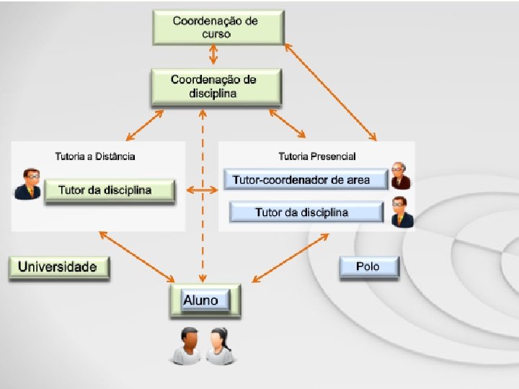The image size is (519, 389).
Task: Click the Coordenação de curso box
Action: (215, 27)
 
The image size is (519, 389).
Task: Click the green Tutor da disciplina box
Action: (110, 191)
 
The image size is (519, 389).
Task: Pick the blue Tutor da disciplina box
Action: (306, 212)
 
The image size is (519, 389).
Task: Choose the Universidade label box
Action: (58, 267)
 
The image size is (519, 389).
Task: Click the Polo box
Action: (368, 267)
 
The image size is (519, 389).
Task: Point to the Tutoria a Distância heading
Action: (95, 156)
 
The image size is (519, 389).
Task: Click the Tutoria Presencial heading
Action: (317, 156)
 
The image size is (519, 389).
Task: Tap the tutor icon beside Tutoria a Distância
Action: (28, 184)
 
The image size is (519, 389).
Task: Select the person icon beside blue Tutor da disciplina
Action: (402, 213)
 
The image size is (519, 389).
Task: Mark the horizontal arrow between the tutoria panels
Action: (203, 190)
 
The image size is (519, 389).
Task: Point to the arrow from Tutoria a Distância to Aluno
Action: (137, 256)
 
